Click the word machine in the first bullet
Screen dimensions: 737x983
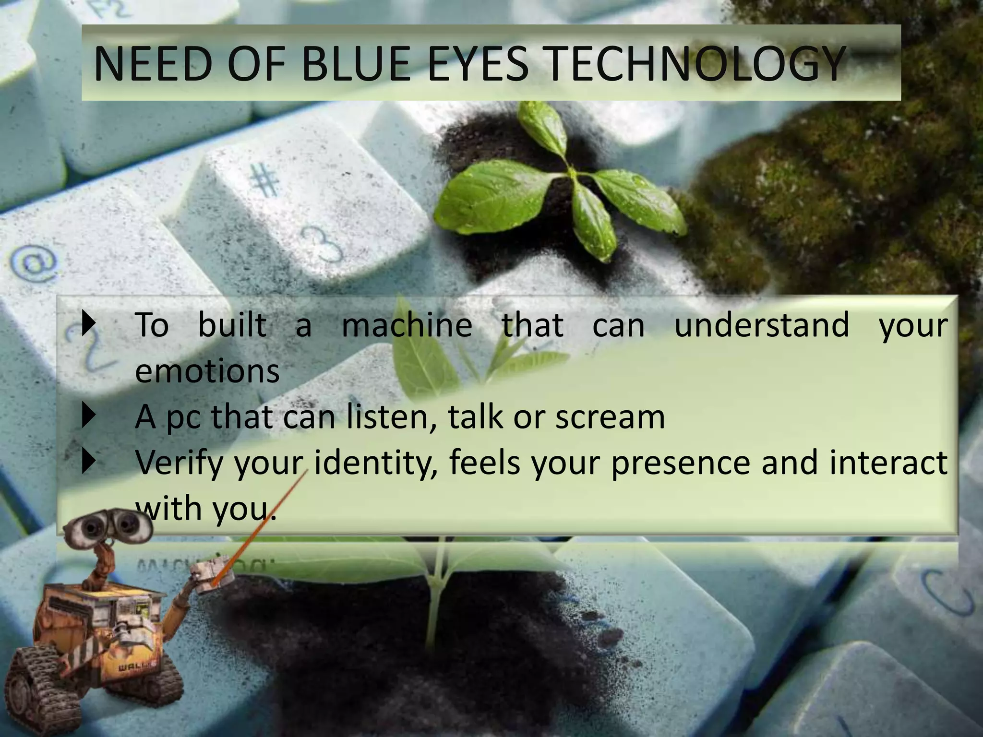pos(407,325)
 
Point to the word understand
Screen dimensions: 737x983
pos(762,325)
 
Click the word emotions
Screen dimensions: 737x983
pos(207,371)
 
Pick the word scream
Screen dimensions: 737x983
pos(610,417)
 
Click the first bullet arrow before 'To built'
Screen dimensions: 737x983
pos(88,324)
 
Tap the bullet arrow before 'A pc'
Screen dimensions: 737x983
pos(88,416)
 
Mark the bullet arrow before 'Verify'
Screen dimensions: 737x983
pos(88,462)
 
